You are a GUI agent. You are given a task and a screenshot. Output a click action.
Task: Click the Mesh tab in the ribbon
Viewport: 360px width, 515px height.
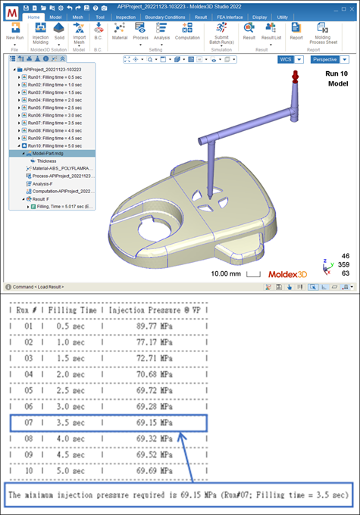[79, 16]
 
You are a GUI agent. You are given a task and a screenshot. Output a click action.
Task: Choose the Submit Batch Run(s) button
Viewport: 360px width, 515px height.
[221, 34]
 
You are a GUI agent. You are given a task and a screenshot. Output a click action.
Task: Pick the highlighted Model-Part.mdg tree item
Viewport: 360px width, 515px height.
[52, 153]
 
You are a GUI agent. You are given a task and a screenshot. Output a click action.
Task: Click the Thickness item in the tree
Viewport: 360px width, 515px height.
[46, 161]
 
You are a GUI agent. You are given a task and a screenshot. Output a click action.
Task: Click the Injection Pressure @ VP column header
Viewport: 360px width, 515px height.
[164, 310]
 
